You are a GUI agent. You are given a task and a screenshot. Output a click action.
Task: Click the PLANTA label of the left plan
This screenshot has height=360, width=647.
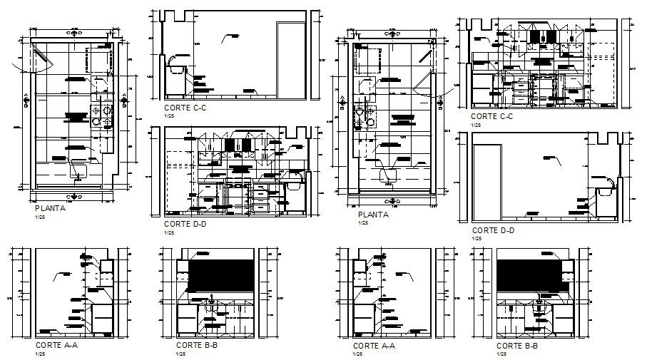[x=50, y=209]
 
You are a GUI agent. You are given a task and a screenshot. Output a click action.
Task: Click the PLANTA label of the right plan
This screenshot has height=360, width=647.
[x=373, y=215]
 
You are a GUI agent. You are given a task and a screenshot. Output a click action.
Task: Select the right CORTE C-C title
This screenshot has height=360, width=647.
[x=493, y=116]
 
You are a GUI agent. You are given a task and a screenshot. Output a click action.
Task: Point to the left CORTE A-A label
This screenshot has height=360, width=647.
[x=58, y=345]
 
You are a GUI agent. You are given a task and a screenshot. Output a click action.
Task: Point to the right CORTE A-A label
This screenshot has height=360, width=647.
[x=375, y=345]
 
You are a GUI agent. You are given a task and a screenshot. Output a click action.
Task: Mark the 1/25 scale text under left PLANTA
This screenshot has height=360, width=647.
[x=39, y=217]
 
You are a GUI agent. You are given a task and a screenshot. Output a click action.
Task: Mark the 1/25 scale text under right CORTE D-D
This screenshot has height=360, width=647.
[x=477, y=238]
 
